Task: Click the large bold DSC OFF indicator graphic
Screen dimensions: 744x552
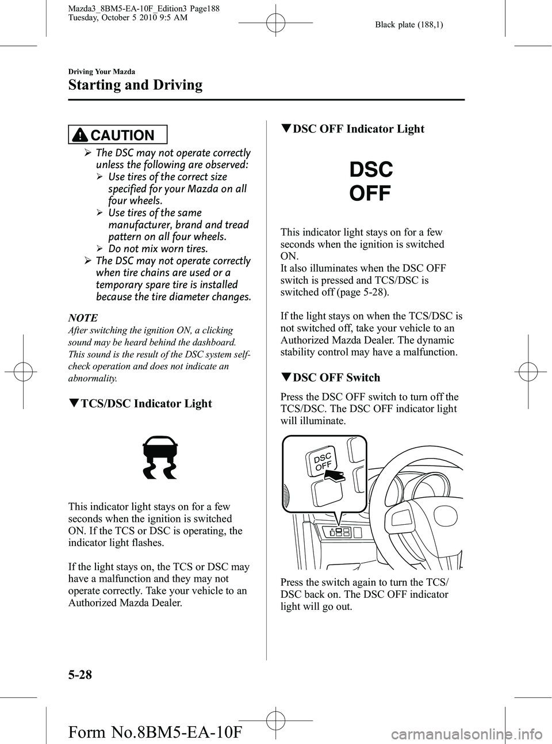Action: tap(370, 181)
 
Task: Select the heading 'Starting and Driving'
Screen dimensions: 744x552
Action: tap(135, 86)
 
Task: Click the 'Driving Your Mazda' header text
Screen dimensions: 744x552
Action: tap(101, 72)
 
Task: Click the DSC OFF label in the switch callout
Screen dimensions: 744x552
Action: tap(323, 461)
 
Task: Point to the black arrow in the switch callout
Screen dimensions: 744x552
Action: tap(334, 475)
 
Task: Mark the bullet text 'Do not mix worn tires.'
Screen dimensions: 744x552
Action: tap(158, 249)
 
